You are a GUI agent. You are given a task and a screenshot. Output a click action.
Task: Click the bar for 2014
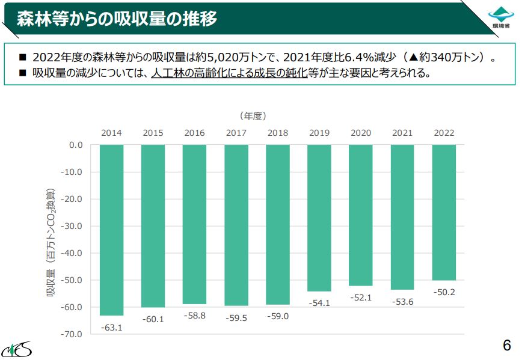111,230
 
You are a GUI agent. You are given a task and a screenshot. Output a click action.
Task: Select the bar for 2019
319,218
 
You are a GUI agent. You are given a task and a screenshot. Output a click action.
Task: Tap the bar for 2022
444,212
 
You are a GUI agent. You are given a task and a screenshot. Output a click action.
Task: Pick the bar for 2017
236,225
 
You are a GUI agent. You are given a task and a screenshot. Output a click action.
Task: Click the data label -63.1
111,328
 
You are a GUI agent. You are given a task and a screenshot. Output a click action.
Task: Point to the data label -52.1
361,297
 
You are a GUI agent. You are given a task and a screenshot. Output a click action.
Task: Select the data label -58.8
194,316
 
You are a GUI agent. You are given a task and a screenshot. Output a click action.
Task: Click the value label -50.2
444,292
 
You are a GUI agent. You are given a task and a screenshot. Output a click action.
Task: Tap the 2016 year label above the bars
194,133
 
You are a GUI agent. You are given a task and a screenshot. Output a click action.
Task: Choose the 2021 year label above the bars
402,133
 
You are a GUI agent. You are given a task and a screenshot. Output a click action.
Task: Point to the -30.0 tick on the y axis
72,226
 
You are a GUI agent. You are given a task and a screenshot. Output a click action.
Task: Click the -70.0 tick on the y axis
72,334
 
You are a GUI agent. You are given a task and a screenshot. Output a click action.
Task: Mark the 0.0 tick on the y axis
75,145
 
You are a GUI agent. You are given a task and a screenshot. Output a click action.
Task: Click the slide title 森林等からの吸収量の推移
116,19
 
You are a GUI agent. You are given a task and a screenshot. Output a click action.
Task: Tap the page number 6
506,346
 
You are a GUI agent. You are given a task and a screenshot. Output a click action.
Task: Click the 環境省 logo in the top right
500,18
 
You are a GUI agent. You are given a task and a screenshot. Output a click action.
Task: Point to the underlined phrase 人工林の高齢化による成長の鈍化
229,73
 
